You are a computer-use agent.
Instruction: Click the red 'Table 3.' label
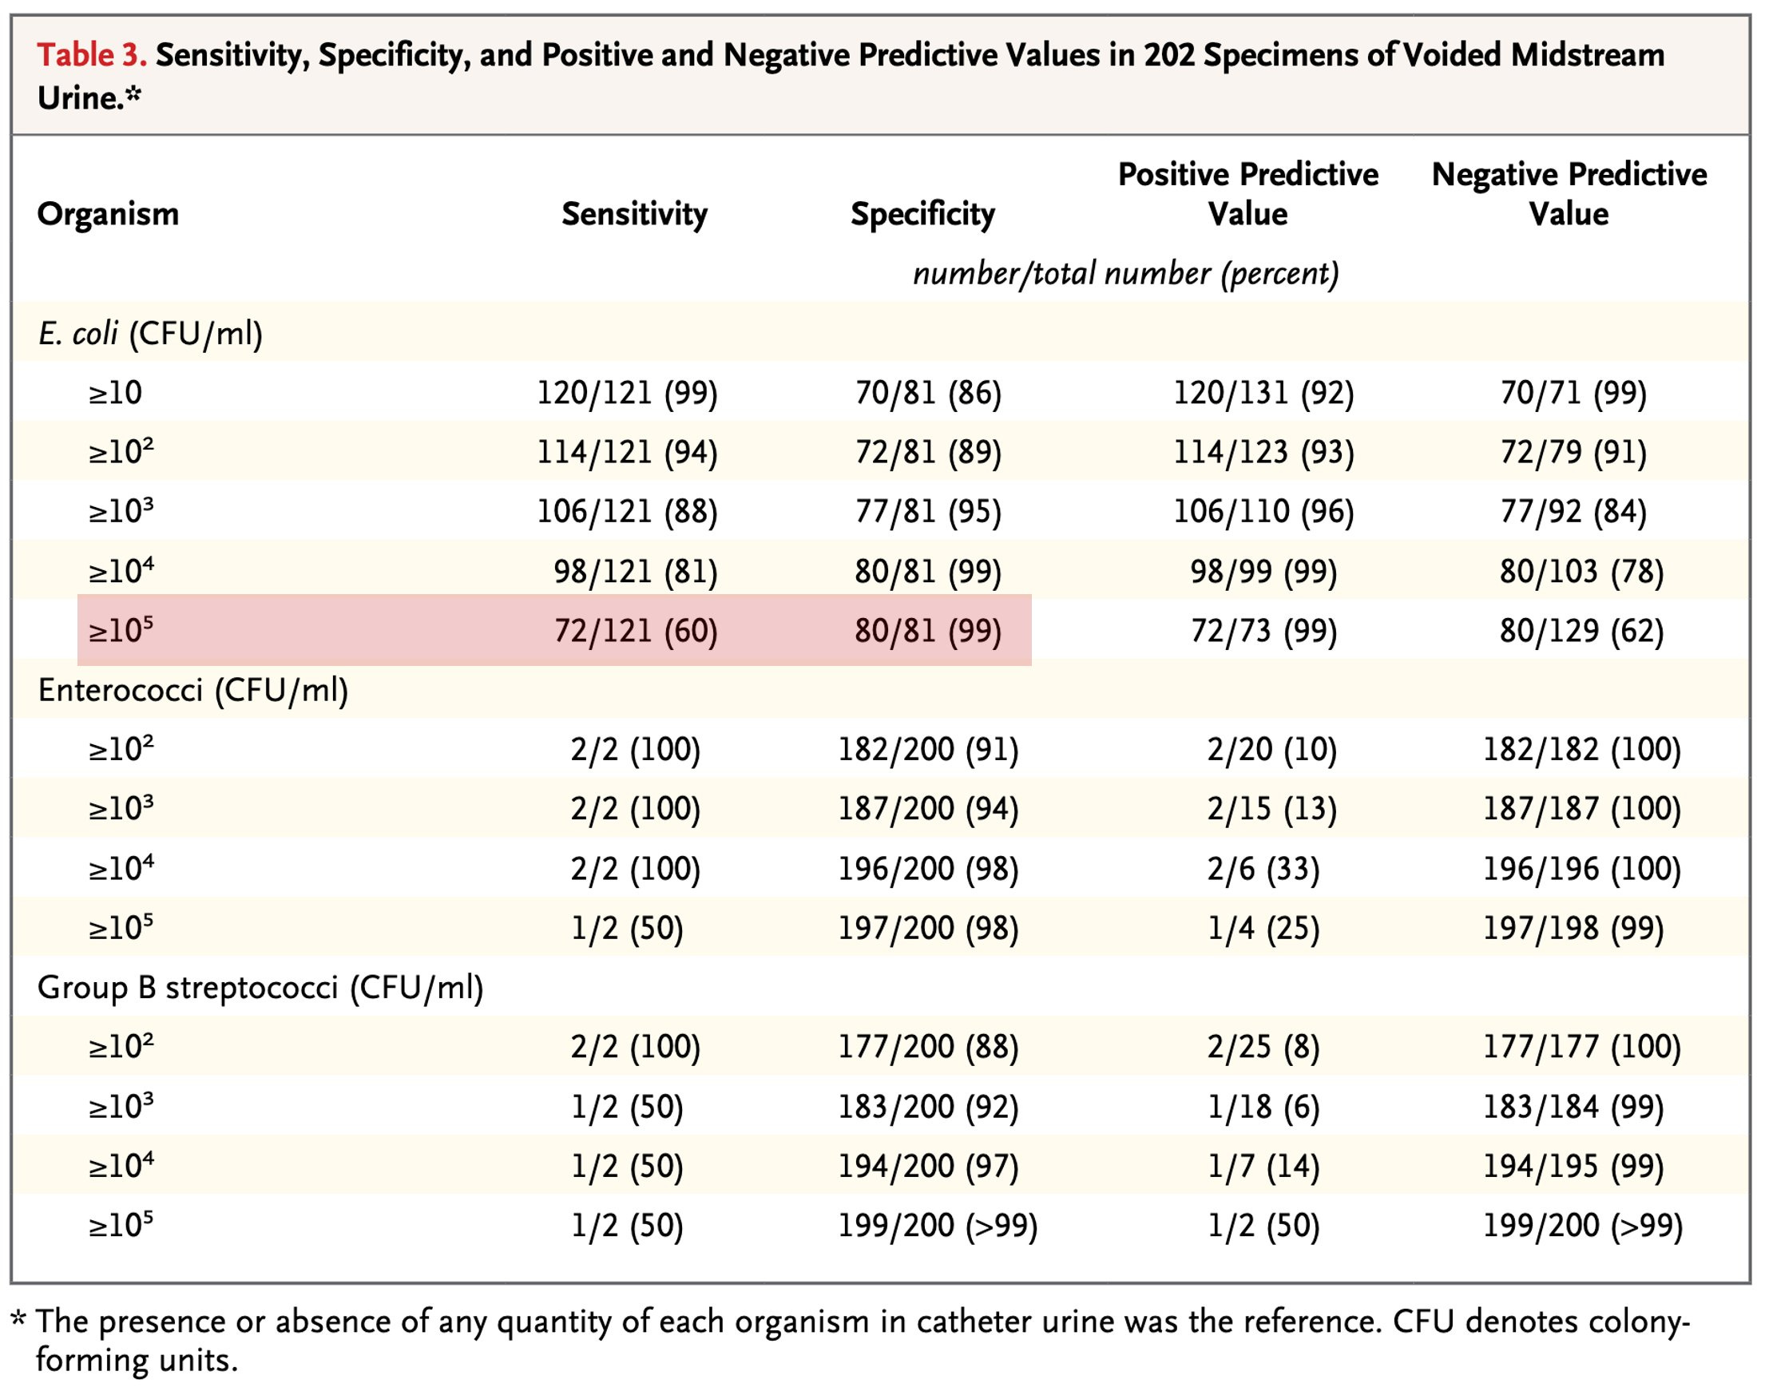92,56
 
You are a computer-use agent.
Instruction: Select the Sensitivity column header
633,215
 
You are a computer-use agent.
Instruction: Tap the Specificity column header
922,215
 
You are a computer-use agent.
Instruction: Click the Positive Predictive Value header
1247,194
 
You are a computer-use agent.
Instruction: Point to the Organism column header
108,215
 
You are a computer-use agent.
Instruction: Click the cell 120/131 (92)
1263,393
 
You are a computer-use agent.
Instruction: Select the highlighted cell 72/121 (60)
635,631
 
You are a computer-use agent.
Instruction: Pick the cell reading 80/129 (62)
1581,631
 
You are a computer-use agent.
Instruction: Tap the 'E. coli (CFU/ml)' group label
150,334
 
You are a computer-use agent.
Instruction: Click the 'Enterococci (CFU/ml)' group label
193,691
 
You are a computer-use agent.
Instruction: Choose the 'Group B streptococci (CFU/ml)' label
260,988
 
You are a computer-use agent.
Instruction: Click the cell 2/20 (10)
1271,750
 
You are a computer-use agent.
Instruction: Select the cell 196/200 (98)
927,870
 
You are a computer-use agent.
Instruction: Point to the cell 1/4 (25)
1263,929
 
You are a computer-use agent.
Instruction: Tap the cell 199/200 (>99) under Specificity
937,1227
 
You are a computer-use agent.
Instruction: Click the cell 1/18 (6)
1263,1108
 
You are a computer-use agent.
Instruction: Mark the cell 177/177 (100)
1581,1048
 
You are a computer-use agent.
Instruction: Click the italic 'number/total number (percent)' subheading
1125,273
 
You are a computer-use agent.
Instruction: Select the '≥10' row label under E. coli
116,393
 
